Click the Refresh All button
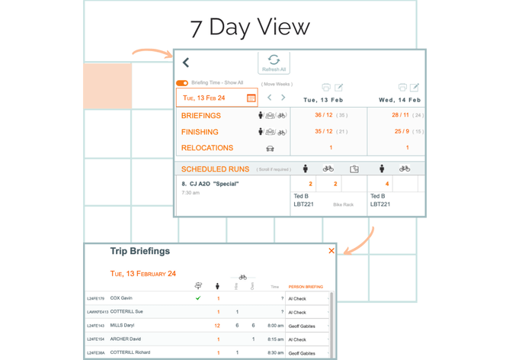pos(274,63)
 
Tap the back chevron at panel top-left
pos(186,63)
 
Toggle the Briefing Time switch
pos(182,83)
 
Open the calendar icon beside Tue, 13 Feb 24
pos(251,98)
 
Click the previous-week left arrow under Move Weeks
pos(270,98)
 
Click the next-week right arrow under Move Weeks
pos(283,98)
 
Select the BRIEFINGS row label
pos(201,116)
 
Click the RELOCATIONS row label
pos(207,148)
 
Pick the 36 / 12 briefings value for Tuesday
pos(323,115)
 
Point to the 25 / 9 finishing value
pos(401,131)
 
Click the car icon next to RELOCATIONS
pos(270,148)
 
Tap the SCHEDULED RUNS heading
pos(216,169)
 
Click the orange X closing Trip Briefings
pos(331,251)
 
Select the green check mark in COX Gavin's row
pos(198,298)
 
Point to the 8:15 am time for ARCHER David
pos(276,339)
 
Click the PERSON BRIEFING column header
pos(306,287)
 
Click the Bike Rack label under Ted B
pos(343,204)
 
